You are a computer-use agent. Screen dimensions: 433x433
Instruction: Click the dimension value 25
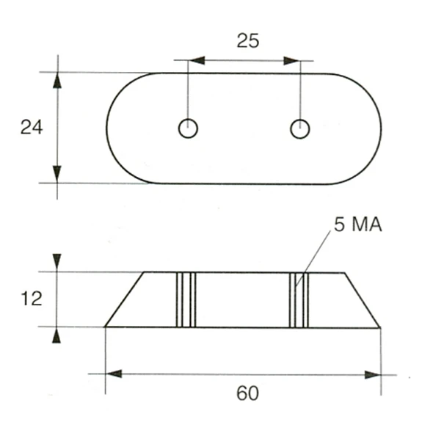click(247, 40)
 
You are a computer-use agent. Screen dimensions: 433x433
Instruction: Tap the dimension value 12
click(32, 299)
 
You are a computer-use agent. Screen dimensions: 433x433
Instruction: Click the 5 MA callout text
click(359, 225)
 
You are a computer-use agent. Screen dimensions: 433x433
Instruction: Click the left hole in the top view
click(188, 128)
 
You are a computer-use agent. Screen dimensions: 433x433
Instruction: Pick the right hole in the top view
click(299, 128)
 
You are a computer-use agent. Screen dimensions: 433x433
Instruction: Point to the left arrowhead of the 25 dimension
click(197, 61)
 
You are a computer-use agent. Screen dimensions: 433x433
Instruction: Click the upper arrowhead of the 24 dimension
click(57, 79)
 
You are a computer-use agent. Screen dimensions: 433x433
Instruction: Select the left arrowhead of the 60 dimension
click(114, 374)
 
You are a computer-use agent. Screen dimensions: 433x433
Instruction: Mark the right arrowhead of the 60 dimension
click(373, 374)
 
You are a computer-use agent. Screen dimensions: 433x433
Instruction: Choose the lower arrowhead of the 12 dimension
click(57, 335)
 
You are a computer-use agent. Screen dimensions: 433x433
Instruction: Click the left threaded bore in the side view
click(187, 299)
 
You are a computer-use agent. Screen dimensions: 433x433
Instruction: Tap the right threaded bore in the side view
click(299, 299)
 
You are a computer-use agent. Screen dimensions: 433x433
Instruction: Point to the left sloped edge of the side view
click(124, 299)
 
